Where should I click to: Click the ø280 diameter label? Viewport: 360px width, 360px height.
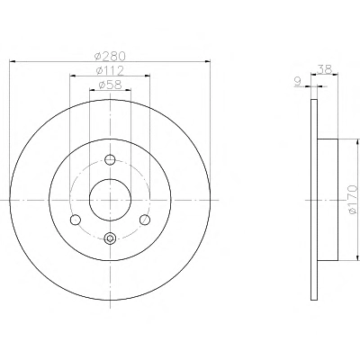pos(110,56)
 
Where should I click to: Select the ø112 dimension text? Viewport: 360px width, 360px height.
pos(110,71)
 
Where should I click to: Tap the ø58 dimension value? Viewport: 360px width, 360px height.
pos(110,85)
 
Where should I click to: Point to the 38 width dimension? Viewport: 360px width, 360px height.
pos(325,69)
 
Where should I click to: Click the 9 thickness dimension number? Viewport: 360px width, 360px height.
pos(298,82)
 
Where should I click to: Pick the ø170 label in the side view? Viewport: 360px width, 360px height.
pos(353,200)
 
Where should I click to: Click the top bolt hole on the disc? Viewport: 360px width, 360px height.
pos(110,159)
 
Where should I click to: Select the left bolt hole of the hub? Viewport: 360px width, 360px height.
pos(75,220)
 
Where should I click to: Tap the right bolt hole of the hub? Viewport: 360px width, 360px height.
pos(145,220)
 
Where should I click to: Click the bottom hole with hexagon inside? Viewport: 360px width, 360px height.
pos(110,238)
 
